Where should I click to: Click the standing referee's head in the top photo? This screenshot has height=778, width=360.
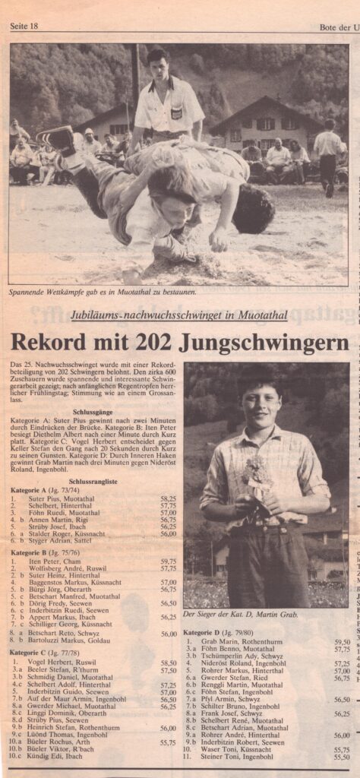coord(158,63)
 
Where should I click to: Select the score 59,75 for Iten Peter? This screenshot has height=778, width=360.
coord(169,561)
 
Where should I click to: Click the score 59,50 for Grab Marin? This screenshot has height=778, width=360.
coord(342,642)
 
